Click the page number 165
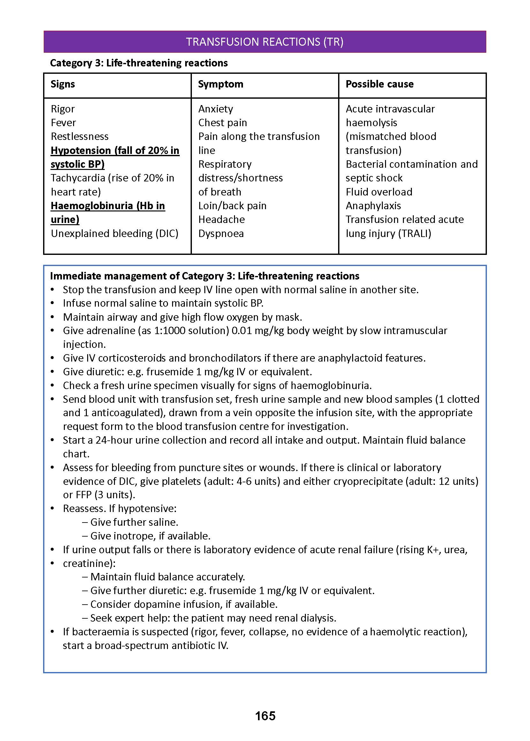tap(265, 715)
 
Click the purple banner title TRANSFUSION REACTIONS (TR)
tap(265, 42)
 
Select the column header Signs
tap(63, 84)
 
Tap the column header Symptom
tap(221, 84)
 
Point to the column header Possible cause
tap(380, 84)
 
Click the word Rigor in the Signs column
tap(63, 109)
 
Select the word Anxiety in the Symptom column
tap(216, 109)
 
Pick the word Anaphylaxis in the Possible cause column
tap(373, 206)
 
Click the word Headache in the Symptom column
tap(222, 219)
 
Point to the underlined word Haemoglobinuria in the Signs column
tap(92, 206)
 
